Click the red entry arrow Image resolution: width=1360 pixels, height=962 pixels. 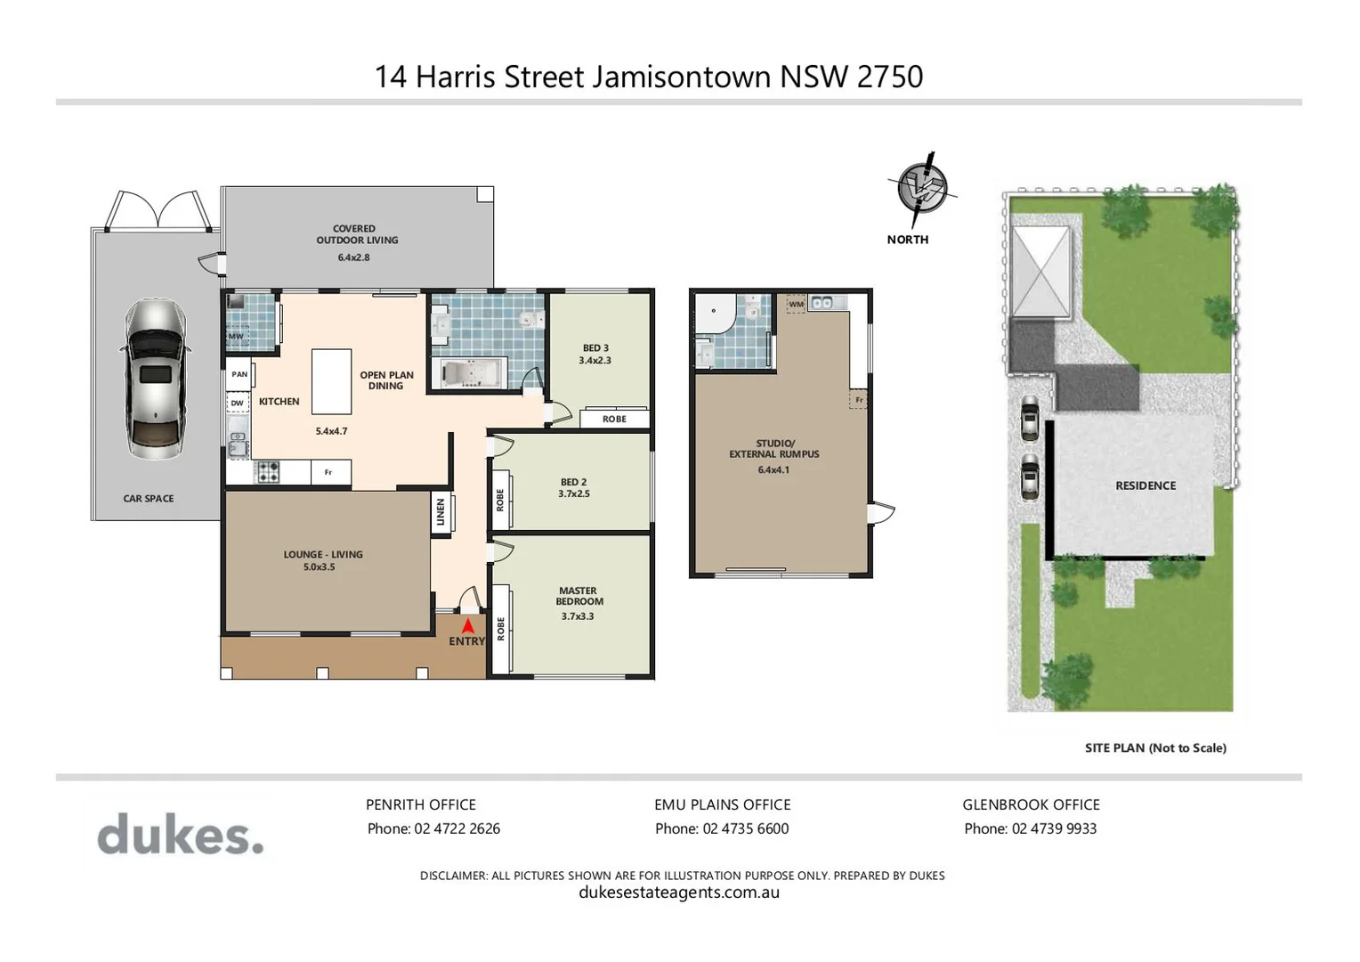[x=467, y=625]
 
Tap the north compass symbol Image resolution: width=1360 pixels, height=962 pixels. [x=921, y=189]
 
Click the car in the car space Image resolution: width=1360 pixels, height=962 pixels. [x=155, y=378]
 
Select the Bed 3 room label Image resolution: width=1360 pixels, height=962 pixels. [x=595, y=348]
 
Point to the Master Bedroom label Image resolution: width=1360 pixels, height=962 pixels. [x=579, y=596]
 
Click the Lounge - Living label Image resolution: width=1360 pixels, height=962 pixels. [x=323, y=554]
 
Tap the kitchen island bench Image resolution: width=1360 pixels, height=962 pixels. [x=331, y=380]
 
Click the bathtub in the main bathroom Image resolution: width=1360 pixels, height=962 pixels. [x=468, y=372]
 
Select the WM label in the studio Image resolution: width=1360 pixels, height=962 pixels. [x=796, y=305]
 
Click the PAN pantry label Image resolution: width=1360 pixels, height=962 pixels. [x=239, y=374]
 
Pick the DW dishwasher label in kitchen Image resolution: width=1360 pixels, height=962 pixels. [x=238, y=404]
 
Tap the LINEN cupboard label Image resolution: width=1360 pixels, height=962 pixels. [x=441, y=511]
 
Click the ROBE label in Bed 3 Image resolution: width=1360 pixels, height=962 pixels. [x=614, y=419]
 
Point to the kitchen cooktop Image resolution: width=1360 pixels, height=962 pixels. [x=268, y=472]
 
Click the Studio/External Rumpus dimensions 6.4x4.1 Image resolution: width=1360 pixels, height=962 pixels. [x=773, y=469]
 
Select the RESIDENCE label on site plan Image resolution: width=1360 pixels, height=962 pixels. [x=1145, y=485]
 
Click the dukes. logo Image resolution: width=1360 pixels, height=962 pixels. [x=181, y=835]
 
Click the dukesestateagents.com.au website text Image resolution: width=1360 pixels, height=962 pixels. [x=679, y=893]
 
